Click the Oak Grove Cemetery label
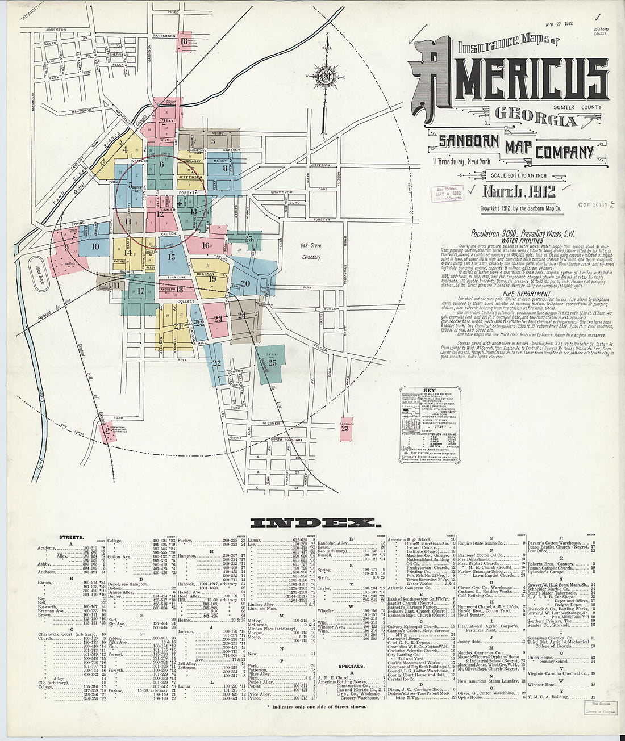(311, 251)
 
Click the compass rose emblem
(327, 77)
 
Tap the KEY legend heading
(428, 391)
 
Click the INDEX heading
(312, 522)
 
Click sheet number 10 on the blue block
(95, 246)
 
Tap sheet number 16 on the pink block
(205, 245)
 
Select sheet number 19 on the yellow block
(212, 279)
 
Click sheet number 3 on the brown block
(213, 141)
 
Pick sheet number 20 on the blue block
(245, 283)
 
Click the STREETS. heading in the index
(72, 537)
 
